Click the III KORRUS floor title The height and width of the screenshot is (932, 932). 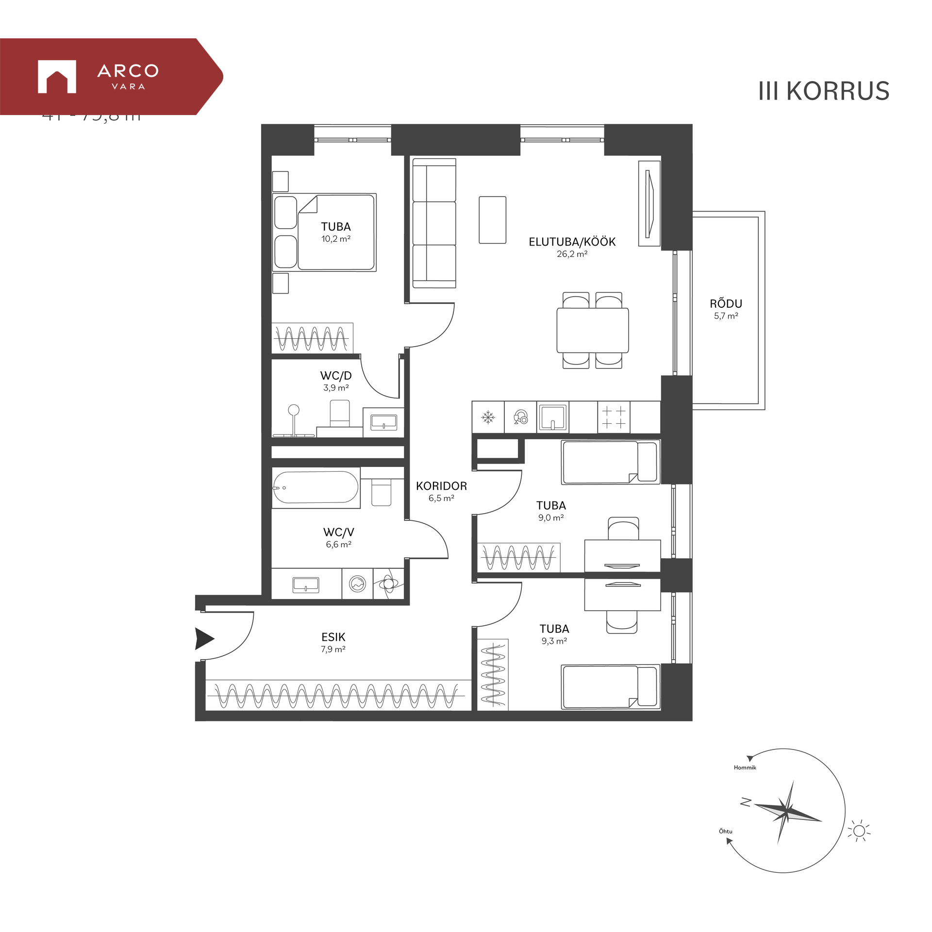point(823,91)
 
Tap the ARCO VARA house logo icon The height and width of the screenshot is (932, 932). point(57,77)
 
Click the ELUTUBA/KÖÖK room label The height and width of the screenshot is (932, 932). point(572,242)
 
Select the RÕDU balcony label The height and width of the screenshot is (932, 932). point(726,304)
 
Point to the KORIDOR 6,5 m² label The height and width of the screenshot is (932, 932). point(441,491)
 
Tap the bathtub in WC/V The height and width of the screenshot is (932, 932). point(316,487)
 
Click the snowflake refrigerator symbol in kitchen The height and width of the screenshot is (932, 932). point(488,417)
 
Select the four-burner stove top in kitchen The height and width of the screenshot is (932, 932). point(614,417)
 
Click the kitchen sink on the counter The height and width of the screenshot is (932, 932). point(553,417)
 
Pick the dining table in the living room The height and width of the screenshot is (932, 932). point(592,330)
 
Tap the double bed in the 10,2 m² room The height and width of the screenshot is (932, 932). point(324,233)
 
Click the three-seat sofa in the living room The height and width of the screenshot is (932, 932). point(434,223)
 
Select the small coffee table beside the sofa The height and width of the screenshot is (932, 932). point(492,220)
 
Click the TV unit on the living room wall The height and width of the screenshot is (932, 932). point(649,204)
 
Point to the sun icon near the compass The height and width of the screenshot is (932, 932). point(859,832)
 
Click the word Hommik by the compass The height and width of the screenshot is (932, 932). point(745,767)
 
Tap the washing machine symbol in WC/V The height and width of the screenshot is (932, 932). point(357,584)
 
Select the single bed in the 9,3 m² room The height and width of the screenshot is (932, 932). point(610,687)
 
